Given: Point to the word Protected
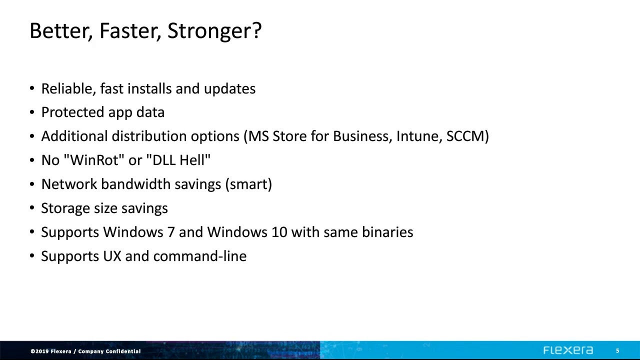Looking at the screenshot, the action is point(72,112).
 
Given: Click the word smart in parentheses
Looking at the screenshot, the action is point(248,184).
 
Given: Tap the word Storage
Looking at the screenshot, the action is point(65,208).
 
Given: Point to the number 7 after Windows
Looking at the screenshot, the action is point(171,232).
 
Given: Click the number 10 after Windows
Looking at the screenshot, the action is point(279,232).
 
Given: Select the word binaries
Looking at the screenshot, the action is point(387,232).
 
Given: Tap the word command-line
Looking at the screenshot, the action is point(200,256).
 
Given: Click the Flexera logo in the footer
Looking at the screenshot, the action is point(568,350).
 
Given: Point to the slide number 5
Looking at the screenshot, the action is point(617,351).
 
